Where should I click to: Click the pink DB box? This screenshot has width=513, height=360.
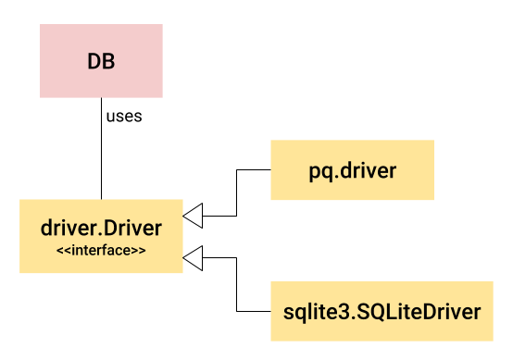pos(101,61)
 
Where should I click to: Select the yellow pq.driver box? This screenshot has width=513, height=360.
pos(352,170)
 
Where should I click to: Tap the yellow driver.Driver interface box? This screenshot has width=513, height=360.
pos(101,236)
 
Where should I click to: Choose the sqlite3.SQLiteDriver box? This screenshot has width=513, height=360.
pos(382,311)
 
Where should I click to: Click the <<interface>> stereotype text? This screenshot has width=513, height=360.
pos(101,250)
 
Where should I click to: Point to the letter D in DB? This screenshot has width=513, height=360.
pos(94,61)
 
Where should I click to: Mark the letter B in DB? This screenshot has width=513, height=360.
pos(108,61)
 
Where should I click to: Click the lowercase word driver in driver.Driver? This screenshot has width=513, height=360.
pos(65,229)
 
